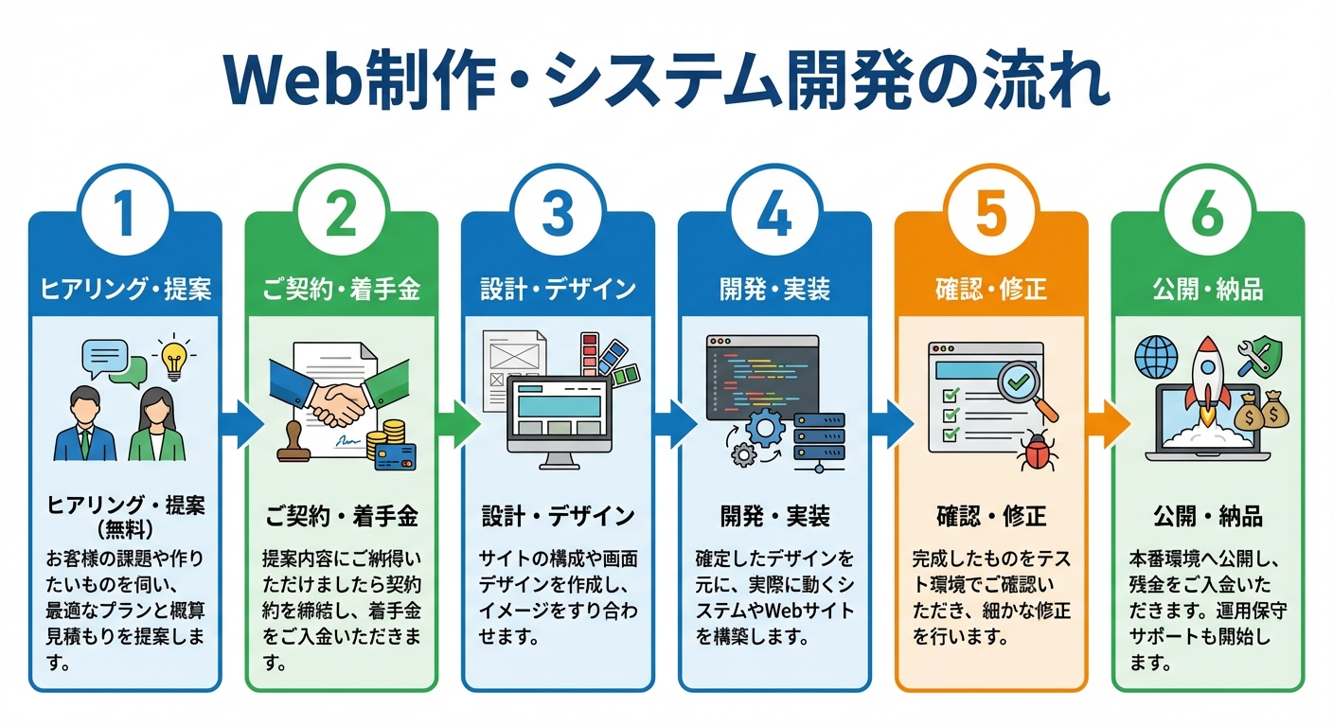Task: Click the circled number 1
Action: point(125,213)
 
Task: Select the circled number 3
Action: point(558,213)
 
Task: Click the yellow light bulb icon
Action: point(173,359)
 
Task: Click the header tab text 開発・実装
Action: point(774,289)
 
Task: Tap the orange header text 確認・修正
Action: point(990,289)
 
